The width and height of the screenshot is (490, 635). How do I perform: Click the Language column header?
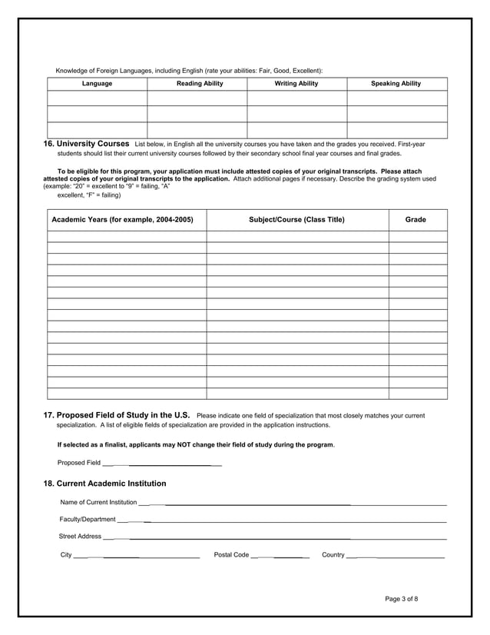[97, 83]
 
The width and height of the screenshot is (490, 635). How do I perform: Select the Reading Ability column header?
[200, 83]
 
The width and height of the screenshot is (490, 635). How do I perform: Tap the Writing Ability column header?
[296, 83]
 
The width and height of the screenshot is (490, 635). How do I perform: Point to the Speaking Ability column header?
[396, 83]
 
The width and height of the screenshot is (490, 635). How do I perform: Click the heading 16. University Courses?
[86, 144]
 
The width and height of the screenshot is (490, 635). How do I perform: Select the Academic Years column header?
[122, 220]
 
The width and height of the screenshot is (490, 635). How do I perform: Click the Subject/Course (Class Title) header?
[296, 220]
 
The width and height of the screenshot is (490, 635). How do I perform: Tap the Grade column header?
[416, 220]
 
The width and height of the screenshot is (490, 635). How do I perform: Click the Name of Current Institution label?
[98, 503]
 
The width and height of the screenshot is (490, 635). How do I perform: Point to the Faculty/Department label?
[88, 520]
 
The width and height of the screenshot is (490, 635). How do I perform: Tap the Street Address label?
[80, 537]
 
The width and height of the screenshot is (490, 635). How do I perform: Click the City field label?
[66, 555]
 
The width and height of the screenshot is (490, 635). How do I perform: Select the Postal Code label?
[231, 555]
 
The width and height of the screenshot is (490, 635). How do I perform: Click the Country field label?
[333, 555]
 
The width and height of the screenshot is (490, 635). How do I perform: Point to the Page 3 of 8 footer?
[402, 599]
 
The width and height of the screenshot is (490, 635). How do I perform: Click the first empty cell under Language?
[97, 98]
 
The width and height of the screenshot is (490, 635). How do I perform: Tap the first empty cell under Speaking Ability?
[396, 98]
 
